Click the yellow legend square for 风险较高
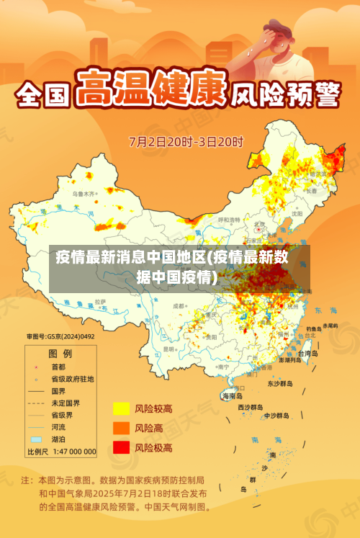[120, 408]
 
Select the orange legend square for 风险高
[120, 428]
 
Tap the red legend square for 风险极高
[120, 447]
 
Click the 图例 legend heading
[60, 354]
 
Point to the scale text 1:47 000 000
[72, 452]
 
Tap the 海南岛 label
[232, 395]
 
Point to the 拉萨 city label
[101, 301]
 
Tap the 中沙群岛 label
[276, 416]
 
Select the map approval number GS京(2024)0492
[60, 336]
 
